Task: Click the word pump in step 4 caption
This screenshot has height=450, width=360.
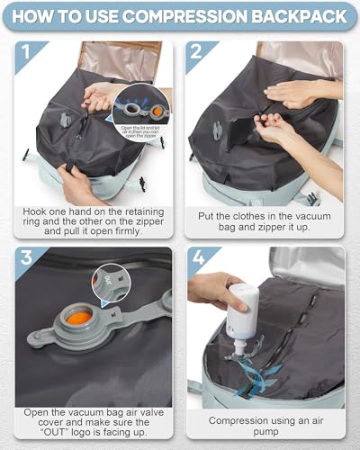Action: [x=266, y=430]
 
